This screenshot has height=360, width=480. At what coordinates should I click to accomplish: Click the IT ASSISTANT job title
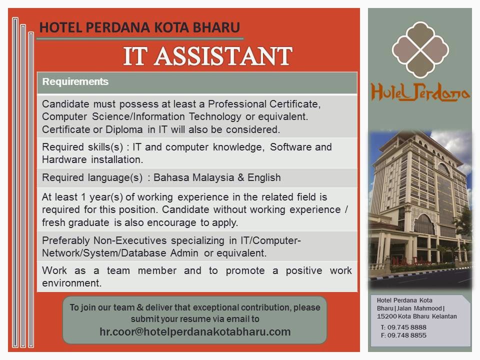pos(207,56)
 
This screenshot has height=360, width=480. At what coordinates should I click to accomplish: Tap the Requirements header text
pos(75,81)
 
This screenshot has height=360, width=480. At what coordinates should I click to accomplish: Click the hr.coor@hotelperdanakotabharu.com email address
pos(195,332)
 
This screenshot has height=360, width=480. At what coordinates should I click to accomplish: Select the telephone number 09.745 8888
pos(407,327)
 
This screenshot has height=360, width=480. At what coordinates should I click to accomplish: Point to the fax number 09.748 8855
pos(407,335)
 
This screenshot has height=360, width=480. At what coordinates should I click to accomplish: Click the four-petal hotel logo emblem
pos(420,49)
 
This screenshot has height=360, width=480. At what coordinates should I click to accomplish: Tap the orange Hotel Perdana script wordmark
pos(420,92)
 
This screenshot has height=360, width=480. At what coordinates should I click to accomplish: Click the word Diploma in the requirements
pos(124,129)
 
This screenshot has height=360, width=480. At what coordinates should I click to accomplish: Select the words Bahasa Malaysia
pos(194,177)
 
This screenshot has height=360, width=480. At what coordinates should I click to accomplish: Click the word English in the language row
pos(264,177)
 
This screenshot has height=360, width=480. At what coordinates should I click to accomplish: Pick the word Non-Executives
pos(130,240)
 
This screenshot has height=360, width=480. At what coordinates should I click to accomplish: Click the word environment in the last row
pos(72,283)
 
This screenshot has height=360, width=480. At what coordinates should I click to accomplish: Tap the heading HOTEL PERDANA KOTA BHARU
pos(139,27)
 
